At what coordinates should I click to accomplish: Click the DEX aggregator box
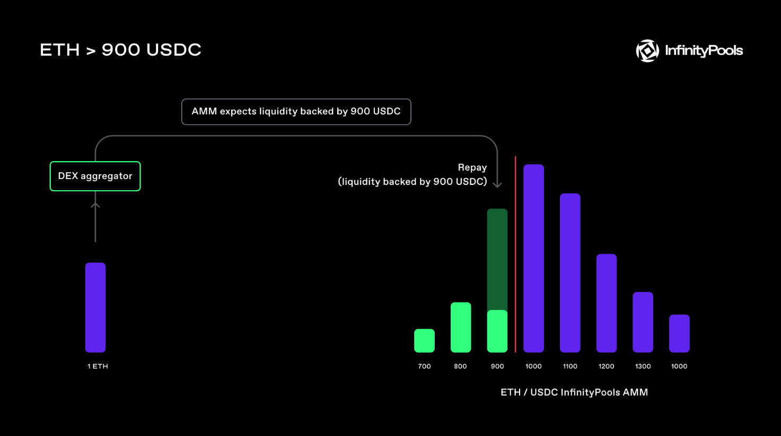coord(95,176)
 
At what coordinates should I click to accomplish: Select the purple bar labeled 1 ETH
coord(95,307)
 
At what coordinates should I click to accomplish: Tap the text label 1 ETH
coord(98,367)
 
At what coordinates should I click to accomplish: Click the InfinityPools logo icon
coord(647,51)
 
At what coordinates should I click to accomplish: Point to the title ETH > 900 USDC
coord(121,50)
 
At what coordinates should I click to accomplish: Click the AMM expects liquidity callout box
coord(296,112)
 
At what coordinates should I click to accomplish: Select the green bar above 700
coord(424,341)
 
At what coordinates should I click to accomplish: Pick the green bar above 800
coord(461,327)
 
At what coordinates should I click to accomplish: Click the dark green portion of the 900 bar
coord(497,260)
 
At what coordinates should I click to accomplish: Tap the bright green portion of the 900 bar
coord(497,331)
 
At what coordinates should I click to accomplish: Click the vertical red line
coord(515,255)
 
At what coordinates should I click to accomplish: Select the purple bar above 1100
coord(570,273)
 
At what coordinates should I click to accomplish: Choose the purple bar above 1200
coord(607,304)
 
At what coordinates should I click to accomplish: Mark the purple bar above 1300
coord(643,322)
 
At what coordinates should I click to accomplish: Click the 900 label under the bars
coord(497,367)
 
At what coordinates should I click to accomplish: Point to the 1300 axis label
coord(643,367)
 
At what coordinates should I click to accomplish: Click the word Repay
coord(472,167)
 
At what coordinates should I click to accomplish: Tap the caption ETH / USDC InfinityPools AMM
coord(574,393)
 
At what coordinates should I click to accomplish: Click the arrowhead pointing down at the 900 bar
coord(497,185)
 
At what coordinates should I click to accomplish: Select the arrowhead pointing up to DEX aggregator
coord(95,205)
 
